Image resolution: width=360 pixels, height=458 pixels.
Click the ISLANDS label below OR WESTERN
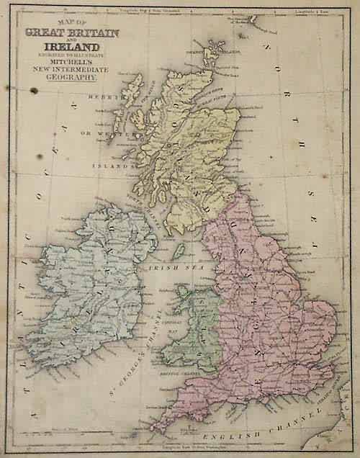click(x=113, y=164)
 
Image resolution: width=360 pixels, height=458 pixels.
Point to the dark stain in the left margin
click(x=32, y=90)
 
